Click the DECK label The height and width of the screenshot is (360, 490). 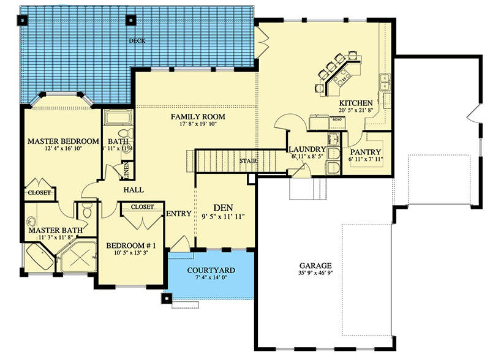(x=136, y=41)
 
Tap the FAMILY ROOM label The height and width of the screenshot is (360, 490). (x=197, y=116)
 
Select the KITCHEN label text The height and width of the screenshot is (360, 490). (x=355, y=102)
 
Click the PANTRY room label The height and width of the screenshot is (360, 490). (x=366, y=152)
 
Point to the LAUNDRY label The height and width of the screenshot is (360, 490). (x=306, y=149)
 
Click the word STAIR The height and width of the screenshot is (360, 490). (x=248, y=161)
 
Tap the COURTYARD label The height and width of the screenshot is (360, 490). (x=211, y=269)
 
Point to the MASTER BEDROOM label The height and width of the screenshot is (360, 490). (x=63, y=141)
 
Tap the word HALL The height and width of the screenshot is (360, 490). (x=134, y=190)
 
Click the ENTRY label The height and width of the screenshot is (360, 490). (x=179, y=214)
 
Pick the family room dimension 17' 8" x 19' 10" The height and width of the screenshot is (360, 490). (x=197, y=124)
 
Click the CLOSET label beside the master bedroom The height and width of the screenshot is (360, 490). (x=38, y=193)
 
